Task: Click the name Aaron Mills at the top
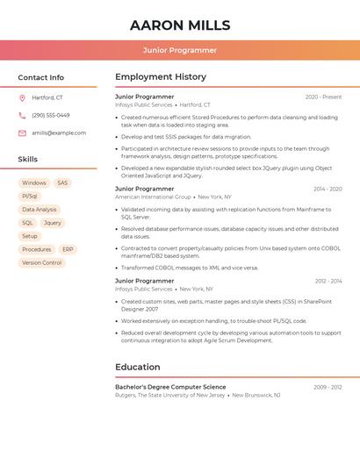[x=180, y=25]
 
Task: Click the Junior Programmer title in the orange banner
[x=180, y=50]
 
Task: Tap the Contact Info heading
[x=41, y=77]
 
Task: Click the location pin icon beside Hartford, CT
[x=22, y=97]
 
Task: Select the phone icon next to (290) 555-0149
[x=22, y=115]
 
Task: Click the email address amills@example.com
[x=59, y=132]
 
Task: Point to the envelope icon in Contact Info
[x=22, y=132]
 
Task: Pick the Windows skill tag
[x=34, y=183]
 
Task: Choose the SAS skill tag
[x=62, y=183]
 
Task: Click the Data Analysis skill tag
[x=40, y=210]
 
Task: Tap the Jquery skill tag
[x=53, y=223]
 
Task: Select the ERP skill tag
[x=68, y=249]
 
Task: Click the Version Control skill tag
[x=42, y=262]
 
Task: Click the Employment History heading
[x=161, y=77]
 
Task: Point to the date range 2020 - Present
[x=323, y=97]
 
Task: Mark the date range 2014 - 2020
[x=328, y=189]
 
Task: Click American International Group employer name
[x=153, y=197]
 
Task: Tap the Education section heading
[x=138, y=367]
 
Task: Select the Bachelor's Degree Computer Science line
[x=170, y=387]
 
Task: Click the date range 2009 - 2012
[x=328, y=387]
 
